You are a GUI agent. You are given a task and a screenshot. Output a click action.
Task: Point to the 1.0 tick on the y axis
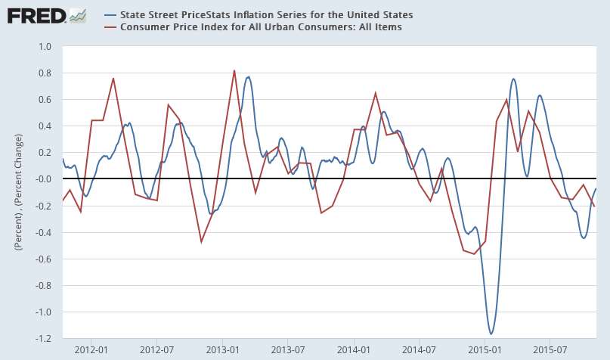(45, 47)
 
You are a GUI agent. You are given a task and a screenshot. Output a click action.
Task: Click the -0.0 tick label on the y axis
(43, 179)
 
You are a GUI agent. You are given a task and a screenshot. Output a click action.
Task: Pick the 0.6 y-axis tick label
(45, 100)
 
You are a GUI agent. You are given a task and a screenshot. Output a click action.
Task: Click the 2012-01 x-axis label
(91, 350)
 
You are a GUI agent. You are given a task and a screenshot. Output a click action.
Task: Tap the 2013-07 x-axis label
(287, 350)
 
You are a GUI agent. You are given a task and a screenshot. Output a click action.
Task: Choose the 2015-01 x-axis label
(485, 350)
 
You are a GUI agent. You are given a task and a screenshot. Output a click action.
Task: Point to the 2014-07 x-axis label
(419, 350)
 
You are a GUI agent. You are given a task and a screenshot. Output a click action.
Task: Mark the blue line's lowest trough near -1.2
(491, 334)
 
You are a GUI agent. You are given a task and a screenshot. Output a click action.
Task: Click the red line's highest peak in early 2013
(234, 70)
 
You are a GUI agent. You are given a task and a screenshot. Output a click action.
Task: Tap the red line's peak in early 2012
(113, 78)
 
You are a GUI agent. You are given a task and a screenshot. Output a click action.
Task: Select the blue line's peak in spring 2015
(514, 79)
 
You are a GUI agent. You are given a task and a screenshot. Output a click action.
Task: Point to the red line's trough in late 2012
(201, 242)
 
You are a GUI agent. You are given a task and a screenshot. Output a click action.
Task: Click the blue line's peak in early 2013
(248, 77)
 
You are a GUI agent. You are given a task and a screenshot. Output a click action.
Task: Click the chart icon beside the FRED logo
(77, 14)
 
